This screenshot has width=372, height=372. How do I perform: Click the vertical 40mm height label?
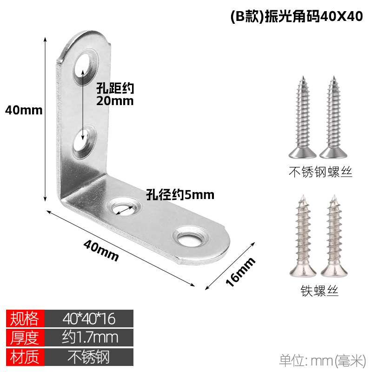[x=23, y=110]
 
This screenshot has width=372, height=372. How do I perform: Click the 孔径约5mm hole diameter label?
[x=180, y=194]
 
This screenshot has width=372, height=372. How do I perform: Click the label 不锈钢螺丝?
[x=320, y=173]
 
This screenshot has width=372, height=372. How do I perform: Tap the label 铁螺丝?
[x=319, y=292]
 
